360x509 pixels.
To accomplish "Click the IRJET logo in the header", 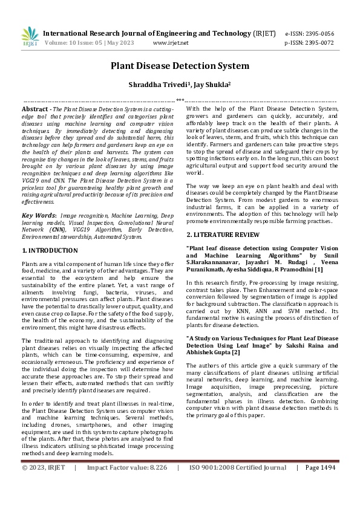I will [x=30, y=37].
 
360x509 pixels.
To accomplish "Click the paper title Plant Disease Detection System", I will [x=180, y=66].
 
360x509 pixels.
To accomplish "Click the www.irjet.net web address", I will [x=171, y=44].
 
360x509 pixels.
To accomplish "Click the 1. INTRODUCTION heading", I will [x=50, y=250].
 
